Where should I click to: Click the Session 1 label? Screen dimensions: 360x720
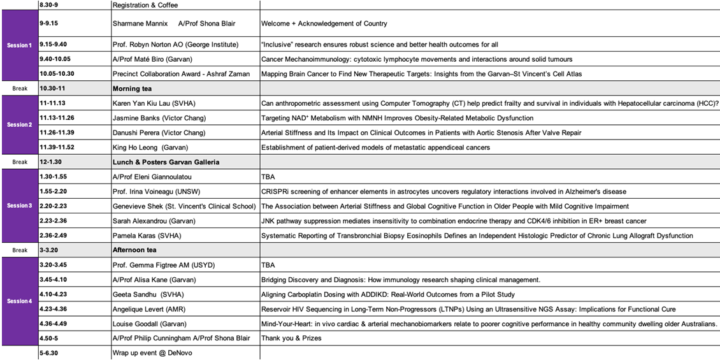pos(19,45)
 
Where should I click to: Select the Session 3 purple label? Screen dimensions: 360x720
pos(19,206)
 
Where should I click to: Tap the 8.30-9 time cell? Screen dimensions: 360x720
pos(50,5)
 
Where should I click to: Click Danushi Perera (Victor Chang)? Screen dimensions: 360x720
pos(159,133)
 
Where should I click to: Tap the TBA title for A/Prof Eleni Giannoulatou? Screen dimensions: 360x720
pos(269,176)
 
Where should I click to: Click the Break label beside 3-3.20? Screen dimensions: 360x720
pos(19,250)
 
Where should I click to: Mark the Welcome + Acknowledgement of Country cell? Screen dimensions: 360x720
pos(324,24)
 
